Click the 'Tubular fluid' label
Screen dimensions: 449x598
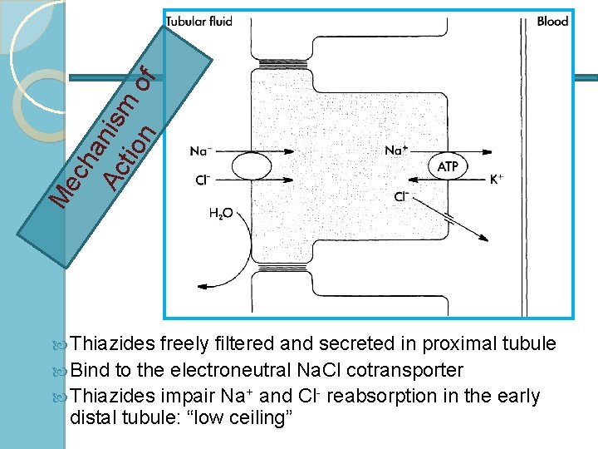click(199, 22)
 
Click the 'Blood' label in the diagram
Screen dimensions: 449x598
click(552, 22)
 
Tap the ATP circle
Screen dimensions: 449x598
click(448, 166)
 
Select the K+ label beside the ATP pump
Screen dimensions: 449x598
click(496, 179)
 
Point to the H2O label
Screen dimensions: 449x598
click(220, 214)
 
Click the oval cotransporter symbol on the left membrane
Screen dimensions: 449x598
click(252, 166)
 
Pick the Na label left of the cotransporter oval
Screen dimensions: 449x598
click(200, 151)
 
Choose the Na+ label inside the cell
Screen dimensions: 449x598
click(396, 151)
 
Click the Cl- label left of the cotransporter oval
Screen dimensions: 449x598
click(201, 180)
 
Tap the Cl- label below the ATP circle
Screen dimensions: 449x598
click(402, 197)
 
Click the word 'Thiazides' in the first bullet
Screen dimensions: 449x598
click(112, 344)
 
